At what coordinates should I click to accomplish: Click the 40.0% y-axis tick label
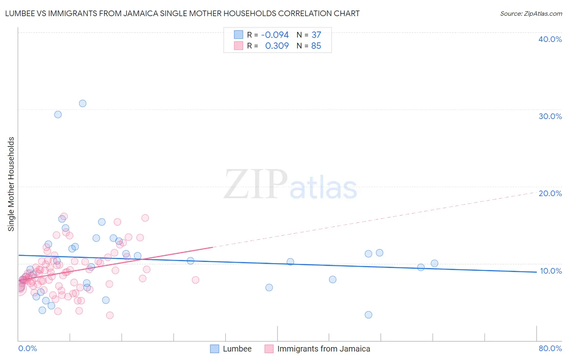click(x=550, y=39)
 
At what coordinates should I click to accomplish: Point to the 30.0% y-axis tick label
click(x=550, y=116)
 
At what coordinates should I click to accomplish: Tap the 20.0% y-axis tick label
click(x=550, y=193)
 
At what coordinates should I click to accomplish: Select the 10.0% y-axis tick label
click(x=550, y=271)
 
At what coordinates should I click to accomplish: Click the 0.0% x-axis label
click(x=27, y=348)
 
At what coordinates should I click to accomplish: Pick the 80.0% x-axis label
click(x=550, y=348)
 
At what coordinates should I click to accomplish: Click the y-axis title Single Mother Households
click(x=11, y=184)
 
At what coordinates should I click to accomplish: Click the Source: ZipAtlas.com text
click(x=531, y=13)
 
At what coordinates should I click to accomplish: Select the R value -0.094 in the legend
click(x=275, y=35)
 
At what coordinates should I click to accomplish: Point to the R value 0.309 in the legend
click(x=277, y=46)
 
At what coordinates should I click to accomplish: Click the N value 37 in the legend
click(x=316, y=35)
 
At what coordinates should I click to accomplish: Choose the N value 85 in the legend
click(x=316, y=46)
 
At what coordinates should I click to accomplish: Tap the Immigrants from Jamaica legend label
click(x=323, y=349)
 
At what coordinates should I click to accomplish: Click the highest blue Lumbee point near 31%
click(x=83, y=103)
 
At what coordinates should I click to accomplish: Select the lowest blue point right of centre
click(x=368, y=315)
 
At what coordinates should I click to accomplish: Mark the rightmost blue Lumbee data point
click(x=434, y=264)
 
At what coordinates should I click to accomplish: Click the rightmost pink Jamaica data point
click(x=196, y=280)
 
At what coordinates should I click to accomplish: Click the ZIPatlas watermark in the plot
click(x=290, y=185)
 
